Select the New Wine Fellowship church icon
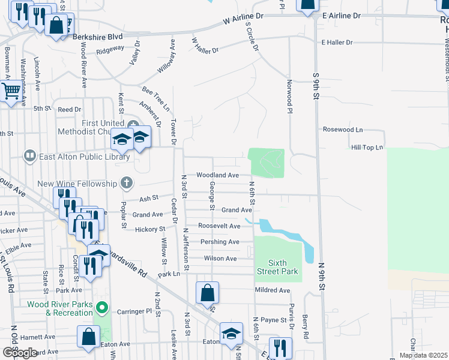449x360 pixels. tap(126, 182)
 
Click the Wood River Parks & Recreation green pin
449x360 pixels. tap(102, 308)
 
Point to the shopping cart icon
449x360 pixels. tap(10, 92)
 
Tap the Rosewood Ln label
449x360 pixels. tap(343, 129)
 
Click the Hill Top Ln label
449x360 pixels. tap(366, 147)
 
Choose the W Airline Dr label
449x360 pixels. tap(244, 19)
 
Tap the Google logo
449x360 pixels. tap(19, 353)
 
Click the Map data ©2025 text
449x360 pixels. tap(423, 355)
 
